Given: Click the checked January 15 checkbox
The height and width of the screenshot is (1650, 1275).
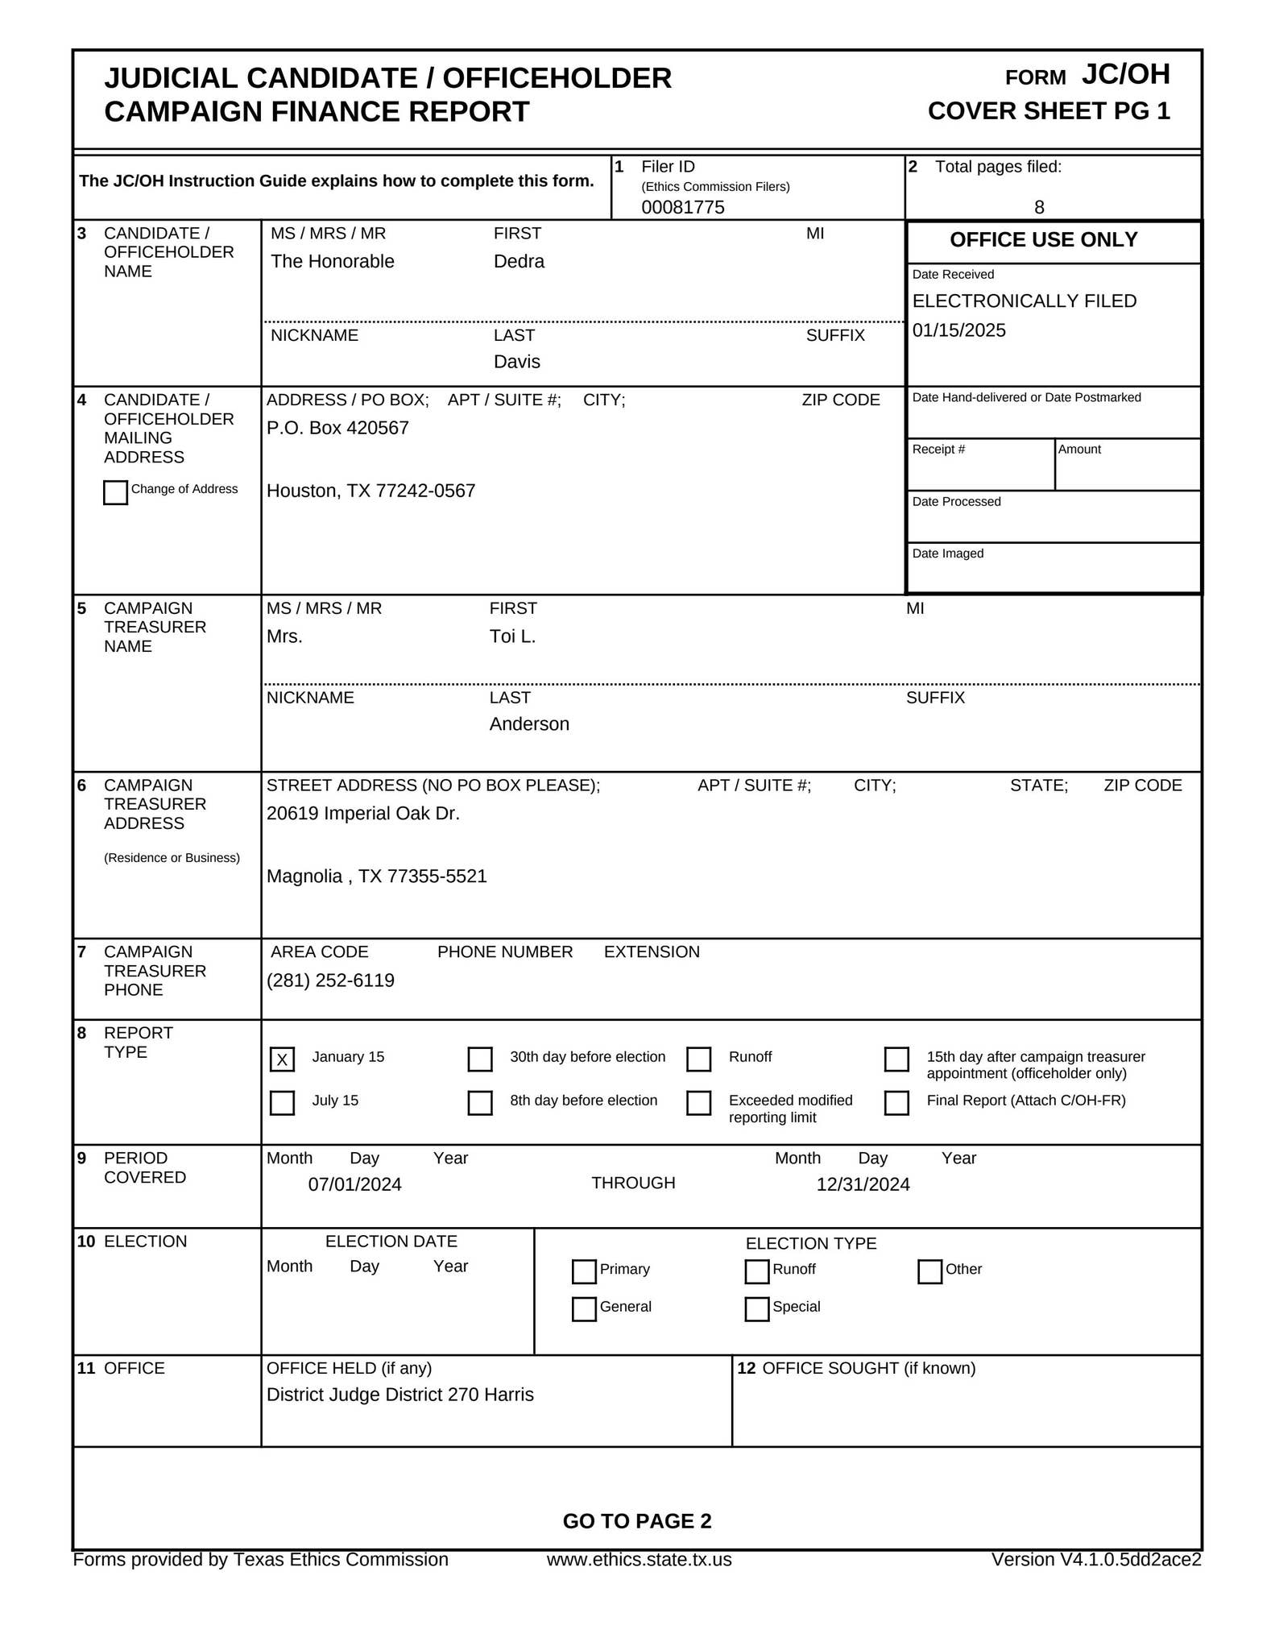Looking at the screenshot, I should coord(282,1059).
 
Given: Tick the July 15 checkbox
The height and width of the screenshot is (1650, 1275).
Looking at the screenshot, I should coord(282,1102).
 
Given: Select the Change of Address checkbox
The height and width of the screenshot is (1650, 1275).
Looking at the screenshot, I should coord(115,492).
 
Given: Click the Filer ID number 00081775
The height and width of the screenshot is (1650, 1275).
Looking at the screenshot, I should coord(682,207).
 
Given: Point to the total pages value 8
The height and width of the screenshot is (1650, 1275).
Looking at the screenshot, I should coord(1038,207).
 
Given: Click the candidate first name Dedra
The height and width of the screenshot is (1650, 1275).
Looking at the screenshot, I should coord(519,261).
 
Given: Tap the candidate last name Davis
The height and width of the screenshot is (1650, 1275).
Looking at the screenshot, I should coord(516,362).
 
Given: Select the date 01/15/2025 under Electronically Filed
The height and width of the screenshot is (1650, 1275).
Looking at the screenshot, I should coord(958,330).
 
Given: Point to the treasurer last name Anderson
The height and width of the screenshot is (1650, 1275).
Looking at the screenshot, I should coord(528,724).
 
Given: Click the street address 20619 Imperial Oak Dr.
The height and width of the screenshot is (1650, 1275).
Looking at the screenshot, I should coord(362,814).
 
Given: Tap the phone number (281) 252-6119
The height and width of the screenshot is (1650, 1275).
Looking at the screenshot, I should coord(330,980).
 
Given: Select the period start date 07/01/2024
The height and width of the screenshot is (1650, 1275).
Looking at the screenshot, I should coord(354,1184).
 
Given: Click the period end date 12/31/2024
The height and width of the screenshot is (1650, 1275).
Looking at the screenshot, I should coord(863,1184).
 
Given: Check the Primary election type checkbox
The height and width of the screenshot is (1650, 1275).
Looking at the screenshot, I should coord(583,1271).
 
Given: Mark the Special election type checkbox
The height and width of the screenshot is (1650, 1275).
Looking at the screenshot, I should coord(756,1308).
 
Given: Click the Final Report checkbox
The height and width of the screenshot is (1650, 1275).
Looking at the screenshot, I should coord(896,1102).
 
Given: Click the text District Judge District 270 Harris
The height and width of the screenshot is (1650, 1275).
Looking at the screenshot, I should coord(399,1395).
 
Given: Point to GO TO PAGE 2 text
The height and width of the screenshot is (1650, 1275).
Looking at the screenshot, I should coord(636,1521).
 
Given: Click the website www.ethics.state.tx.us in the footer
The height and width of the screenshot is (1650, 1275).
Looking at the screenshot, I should coord(639,1560).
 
